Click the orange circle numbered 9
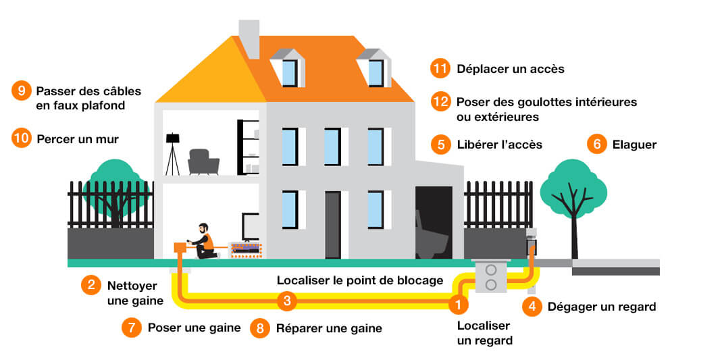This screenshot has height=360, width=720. tap(22, 91)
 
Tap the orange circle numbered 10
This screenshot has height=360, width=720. tap(22, 138)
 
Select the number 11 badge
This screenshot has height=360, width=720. tap(440, 69)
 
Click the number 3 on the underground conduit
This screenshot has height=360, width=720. tap(287, 301)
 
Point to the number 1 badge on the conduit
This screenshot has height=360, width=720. tap(458, 303)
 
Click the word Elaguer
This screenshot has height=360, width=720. tap(634, 145)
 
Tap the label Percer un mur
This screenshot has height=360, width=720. tap(78, 138)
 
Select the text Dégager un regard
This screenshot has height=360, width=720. tap(602, 307)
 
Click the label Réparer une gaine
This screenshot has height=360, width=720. tap(329, 328)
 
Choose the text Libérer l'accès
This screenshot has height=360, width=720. tap(500, 145)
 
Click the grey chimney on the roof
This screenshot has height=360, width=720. tap(249, 39)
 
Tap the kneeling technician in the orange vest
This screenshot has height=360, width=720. tap(203, 241)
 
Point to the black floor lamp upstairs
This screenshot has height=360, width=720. tap(173, 154)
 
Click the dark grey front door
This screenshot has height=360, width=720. tap(333, 225)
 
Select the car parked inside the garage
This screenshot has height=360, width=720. tap(432, 234)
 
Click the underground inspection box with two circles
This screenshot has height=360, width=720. tap(491, 277)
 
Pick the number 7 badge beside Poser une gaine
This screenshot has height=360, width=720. tap(132, 328)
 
